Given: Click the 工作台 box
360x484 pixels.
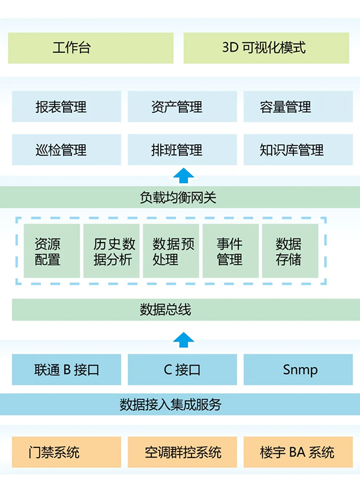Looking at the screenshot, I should click(90, 48).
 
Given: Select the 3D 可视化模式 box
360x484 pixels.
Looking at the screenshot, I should click(266, 48).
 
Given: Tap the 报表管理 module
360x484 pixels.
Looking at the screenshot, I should click(66, 107).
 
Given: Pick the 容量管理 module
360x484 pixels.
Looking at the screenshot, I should click(298, 107).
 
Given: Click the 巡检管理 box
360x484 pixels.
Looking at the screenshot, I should click(66, 150).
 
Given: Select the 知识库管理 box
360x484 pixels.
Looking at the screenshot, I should click(298, 150).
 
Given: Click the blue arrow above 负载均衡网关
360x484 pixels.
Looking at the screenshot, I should click(184, 175).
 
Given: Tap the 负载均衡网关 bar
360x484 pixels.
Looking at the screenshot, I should click(180, 197).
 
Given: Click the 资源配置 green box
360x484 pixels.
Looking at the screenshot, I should click(52, 251).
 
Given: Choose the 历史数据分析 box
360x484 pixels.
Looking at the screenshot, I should click(112, 251).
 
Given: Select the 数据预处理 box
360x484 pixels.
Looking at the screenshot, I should click(171, 251).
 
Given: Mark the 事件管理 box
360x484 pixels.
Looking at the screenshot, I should click(230, 251).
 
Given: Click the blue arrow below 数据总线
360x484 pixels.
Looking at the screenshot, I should click(184, 339).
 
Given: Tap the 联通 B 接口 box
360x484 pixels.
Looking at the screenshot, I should click(66, 369).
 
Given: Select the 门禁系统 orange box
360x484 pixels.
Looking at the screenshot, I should click(66, 452).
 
